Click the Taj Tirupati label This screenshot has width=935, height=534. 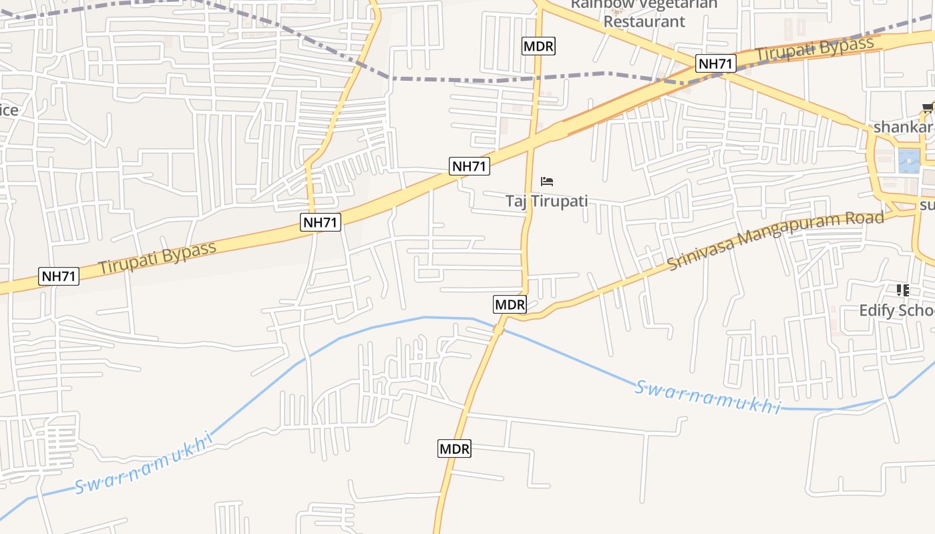coord(546,201)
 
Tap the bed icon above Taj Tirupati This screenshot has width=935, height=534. coord(547,181)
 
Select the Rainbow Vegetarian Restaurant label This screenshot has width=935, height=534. coord(644,13)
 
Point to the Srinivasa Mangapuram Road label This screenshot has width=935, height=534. coord(776,240)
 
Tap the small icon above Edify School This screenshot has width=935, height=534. coord(902,290)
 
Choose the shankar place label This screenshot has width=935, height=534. coord(902,127)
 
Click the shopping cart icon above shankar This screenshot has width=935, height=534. coord(928,107)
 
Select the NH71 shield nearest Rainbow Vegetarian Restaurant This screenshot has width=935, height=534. coord(716,64)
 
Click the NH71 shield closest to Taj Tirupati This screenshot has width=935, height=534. coord(470,166)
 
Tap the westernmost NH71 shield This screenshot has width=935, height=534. coord(59,276)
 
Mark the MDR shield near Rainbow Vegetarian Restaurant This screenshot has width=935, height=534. coord(538,46)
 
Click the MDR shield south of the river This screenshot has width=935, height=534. coord(454,449)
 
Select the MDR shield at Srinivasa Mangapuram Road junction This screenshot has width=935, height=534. coord(510,305)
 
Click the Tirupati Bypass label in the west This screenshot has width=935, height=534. coord(157,256)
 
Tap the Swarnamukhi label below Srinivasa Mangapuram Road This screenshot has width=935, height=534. coord(707,397)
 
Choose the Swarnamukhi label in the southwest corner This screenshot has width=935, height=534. coord(142,463)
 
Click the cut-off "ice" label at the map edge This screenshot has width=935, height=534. coord(9,110)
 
